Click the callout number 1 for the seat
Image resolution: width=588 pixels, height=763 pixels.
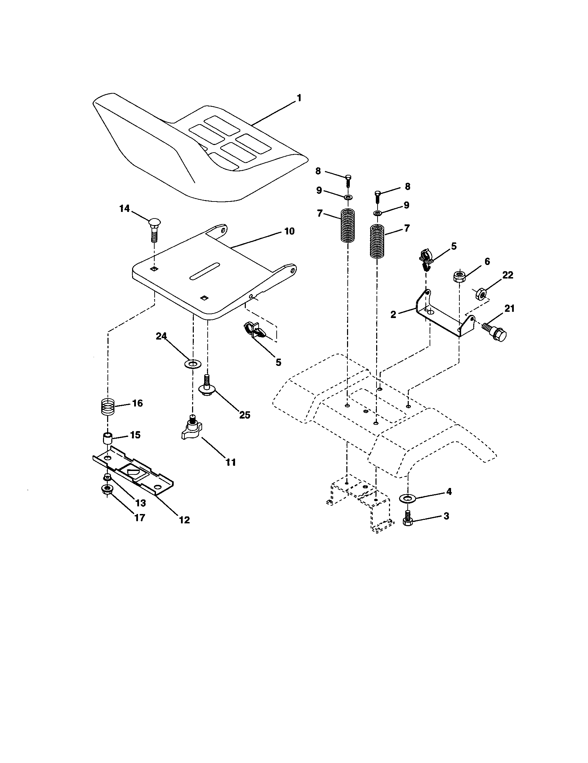[298, 98]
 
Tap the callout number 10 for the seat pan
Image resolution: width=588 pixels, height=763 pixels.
[289, 231]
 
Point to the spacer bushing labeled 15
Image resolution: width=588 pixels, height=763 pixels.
[108, 438]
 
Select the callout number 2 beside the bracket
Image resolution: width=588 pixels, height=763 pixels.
[394, 314]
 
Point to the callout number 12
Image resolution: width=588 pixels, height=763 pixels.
[184, 520]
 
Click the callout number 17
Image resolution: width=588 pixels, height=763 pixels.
[140, 517]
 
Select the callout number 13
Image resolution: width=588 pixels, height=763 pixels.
[141, 503]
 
